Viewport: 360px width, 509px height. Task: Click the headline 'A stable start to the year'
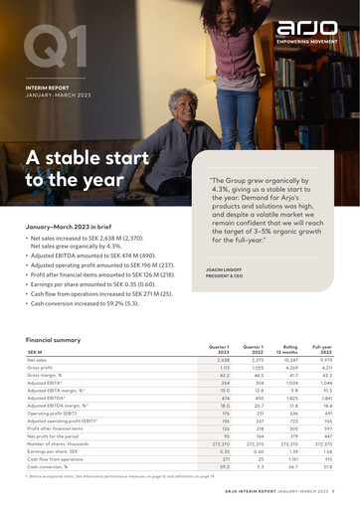tap(74, 168)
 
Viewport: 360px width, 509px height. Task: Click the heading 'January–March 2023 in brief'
tap(76, 228)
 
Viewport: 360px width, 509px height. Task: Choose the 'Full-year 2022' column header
tap(322, 349)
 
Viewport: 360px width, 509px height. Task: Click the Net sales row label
tap(41, 360)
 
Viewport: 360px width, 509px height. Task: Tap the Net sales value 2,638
tap(223, 360)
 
